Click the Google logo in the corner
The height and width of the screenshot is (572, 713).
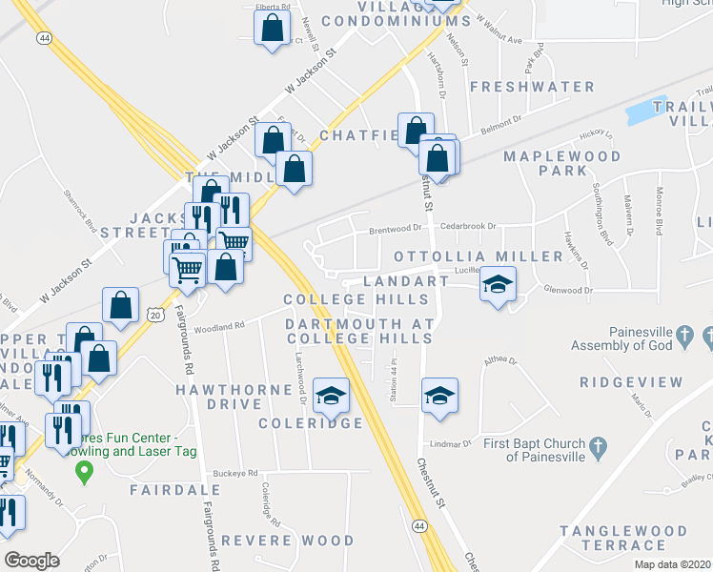click(x=32, y=561)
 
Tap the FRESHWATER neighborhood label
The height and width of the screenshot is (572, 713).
click(x=532, y=87)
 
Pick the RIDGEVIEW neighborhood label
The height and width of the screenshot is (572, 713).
click(x=631, y=382)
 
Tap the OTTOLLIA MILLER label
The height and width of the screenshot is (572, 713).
click(x=479, y=257)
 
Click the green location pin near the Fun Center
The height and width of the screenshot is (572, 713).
click(x=84, y=470)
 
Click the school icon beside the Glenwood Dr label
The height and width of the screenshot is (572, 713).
click(x=497, y=285)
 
